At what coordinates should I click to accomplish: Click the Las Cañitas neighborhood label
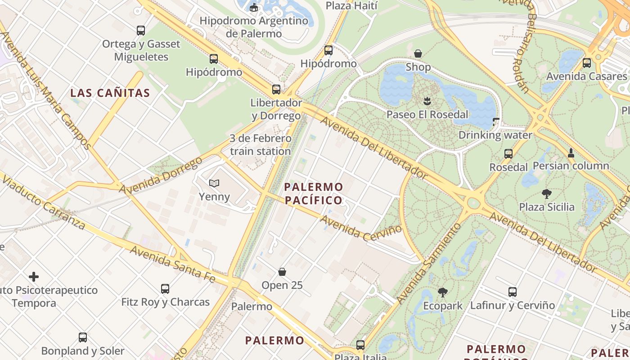[x=110, y=93]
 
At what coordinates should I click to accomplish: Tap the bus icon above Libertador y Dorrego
[x=276, y=90]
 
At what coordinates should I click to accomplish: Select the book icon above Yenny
[x=214, y=183]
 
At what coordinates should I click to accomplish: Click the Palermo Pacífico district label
[x=314, y=193]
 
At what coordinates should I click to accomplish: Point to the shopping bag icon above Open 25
[x=282, y=272]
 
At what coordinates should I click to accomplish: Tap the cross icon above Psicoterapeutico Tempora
[x=34, y=277]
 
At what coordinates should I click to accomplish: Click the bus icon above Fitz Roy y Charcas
[x=165, y=288]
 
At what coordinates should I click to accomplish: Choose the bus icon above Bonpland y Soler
[x=83, y=337]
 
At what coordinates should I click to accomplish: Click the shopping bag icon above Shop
[x=418, y=54]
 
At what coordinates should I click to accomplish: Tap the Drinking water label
[x=495, y=135]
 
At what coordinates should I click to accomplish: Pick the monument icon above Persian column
[x=571, y=153]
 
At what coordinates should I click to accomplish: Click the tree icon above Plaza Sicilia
[x=547, y=194]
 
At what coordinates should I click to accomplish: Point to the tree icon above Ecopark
[x=443, y=292]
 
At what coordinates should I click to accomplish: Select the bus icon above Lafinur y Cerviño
[x=512, y=292]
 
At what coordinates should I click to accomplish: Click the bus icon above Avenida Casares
[x=586, y=63]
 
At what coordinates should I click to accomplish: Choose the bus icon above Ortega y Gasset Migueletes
[x=141, y=31]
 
